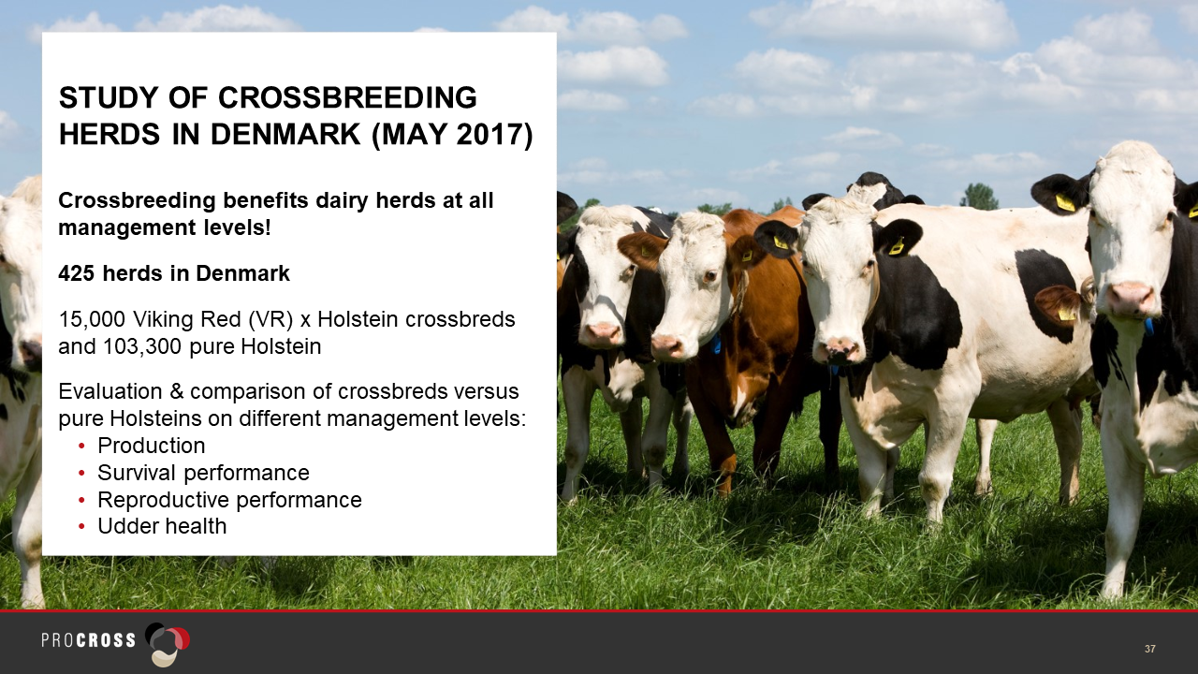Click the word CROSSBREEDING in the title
(347, 98)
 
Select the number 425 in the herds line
(77, 273)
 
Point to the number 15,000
(92, 319)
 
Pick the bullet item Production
(152, 446)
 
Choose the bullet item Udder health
(162, 526)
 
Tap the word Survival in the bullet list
(137, 473)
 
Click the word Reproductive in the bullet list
(163, 500)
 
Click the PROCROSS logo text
(89, 640)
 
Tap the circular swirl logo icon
(168, 644)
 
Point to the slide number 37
(1150, 649)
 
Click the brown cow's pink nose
(665, 345)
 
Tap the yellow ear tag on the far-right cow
(1065, 203)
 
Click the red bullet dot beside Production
(81, 446)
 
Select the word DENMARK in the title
(285, 134)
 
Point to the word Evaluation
(110, 391)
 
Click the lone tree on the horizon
(979, 196)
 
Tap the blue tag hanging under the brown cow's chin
(716, 343)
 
